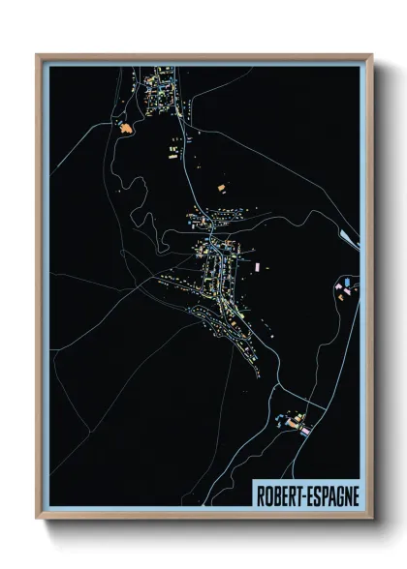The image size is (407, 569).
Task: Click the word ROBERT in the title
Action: [277, 491]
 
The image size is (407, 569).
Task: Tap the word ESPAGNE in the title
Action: [329, 491]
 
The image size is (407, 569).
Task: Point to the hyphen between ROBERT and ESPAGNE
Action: [301, 491]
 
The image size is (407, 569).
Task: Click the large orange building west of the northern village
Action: [125, 126]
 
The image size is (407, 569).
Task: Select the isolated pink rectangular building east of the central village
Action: [220, 185]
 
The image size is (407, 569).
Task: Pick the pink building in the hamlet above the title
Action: [301, 427]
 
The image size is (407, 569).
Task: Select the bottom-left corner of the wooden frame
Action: [37, 519]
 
